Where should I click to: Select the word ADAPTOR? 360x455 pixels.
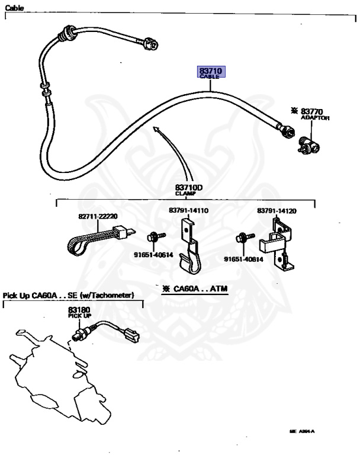(x=314, y=118)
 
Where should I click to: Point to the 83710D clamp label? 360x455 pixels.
(x=189, y=190)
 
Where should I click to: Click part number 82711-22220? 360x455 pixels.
(x=98, y=216)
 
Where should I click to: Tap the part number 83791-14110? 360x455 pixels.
(x=188, y=210)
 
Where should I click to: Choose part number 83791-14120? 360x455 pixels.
(x=277, y=210)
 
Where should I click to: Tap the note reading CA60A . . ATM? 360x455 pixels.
(x=195, y=289)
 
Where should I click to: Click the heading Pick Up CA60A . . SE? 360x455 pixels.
(x=69, y=295)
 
